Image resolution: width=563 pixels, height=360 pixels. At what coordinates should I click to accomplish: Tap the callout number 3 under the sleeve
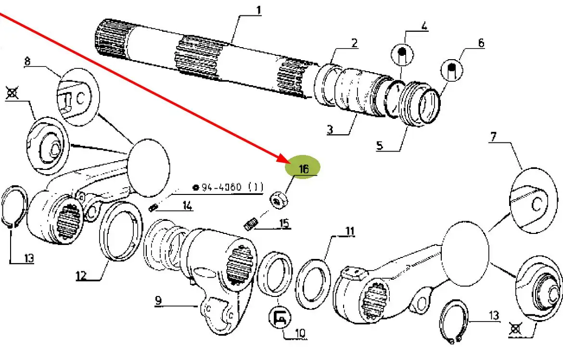(x=330, y=129)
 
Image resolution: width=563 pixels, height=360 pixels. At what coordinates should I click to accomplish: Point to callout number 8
(x=27, y=62)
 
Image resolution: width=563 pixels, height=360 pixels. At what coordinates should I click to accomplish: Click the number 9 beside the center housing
(x=158, y=301)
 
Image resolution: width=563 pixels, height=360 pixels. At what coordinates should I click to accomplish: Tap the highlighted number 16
(x=303, y=169)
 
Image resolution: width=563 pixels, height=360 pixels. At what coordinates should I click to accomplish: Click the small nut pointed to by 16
(x=278, y=200)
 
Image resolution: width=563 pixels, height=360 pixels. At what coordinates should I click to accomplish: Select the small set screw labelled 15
(x=250, y=224)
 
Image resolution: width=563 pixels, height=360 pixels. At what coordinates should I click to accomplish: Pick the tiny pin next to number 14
(x=154, y=208)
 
